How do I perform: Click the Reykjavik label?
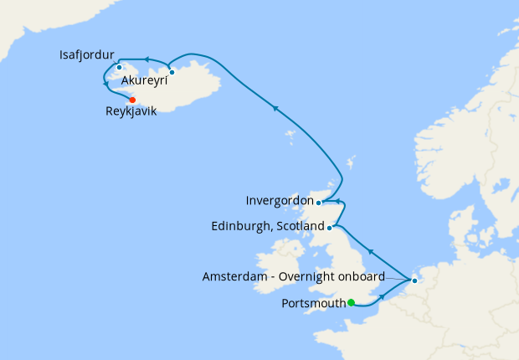[131, 111]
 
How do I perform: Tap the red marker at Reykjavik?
[132, 100]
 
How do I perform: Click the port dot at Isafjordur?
[120, 68]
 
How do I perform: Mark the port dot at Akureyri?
[172, 72]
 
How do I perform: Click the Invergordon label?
[280, 201]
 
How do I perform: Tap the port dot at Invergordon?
[319, 202]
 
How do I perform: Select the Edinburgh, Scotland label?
[268, 226]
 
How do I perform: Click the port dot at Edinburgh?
[331, 227]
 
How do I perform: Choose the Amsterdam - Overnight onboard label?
[294, 276]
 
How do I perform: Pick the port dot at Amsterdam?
[414, 280]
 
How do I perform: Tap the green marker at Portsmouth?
[352, 302]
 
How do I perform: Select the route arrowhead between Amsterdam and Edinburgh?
[370, 251]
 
